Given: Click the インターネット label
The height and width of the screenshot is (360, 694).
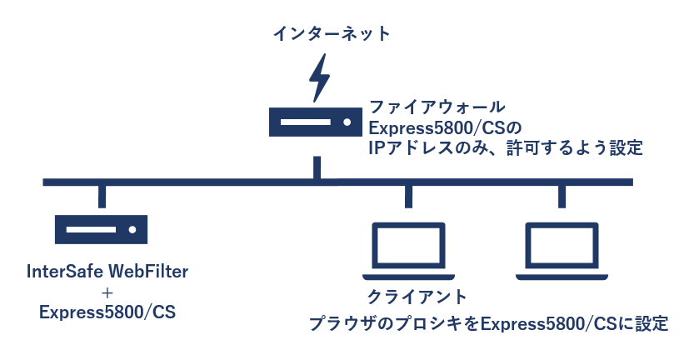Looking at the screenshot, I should [x=332, y=34].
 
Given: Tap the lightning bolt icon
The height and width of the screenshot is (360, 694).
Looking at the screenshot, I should [x=317, y=77].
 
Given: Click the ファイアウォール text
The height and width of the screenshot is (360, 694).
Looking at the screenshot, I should [x=437, y=107].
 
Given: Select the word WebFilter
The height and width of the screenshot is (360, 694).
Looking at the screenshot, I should [x=145, y=272].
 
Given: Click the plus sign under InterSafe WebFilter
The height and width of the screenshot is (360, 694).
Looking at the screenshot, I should [x=107, y=292].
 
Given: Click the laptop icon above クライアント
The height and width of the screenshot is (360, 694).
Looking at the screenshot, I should [x=408, y=250].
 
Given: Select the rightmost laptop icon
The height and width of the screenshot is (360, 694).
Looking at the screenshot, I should [x=562, y=250].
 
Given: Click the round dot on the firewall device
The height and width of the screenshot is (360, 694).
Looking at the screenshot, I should [x=346, y=122].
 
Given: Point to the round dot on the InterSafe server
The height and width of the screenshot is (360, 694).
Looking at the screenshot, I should [x=131, y=228].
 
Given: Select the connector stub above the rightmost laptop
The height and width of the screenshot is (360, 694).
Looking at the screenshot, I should [x=562, y=196].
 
